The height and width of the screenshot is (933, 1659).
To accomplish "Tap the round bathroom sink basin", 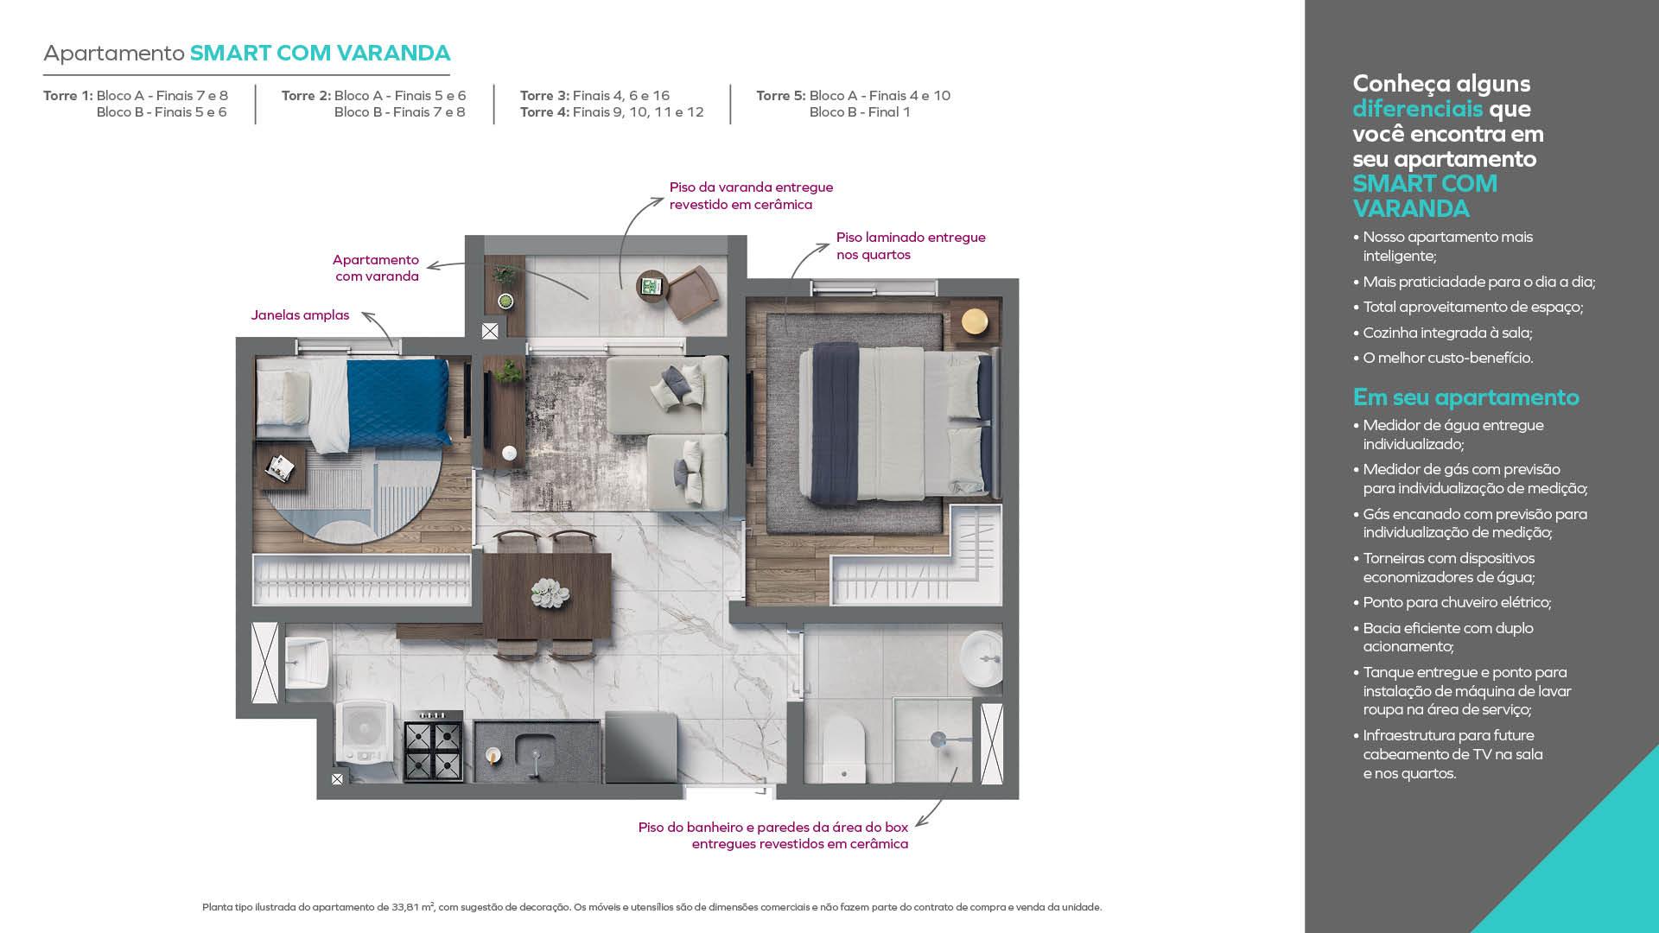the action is [x=981, y=658].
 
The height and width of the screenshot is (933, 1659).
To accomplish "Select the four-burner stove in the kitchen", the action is [x=433, y=747].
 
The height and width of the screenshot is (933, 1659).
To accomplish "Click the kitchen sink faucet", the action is [x=536, y=762].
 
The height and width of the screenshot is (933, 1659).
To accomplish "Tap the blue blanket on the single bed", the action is [x=398, y=403].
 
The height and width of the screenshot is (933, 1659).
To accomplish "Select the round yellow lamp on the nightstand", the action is [x=975, y=321].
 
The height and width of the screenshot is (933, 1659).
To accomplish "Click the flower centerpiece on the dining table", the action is [x=550, y=593].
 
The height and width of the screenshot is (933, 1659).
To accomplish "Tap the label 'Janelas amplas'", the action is [x=300, y=315].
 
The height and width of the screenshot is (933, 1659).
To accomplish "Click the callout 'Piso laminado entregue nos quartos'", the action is [x=911, y=245].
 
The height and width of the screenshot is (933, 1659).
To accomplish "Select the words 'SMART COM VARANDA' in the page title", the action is [x=320, y=53].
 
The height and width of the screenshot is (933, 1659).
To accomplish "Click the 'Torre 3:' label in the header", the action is [x=544, y=96].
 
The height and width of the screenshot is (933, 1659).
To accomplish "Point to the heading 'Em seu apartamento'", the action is [x=1465, y=397].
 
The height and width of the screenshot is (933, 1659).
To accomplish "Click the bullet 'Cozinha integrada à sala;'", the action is [x=1447, y=333].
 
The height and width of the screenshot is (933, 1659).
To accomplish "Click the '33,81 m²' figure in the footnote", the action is [x=413, y=907].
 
